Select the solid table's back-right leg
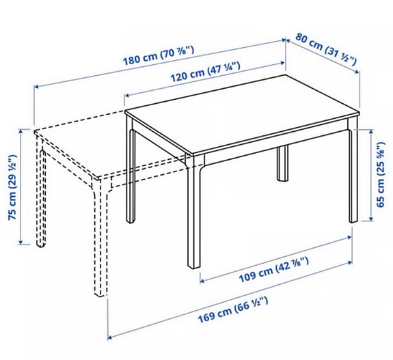pyautogui.click(x=282, y=165)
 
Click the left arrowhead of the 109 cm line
pyautogui.click(x=201, y=279)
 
